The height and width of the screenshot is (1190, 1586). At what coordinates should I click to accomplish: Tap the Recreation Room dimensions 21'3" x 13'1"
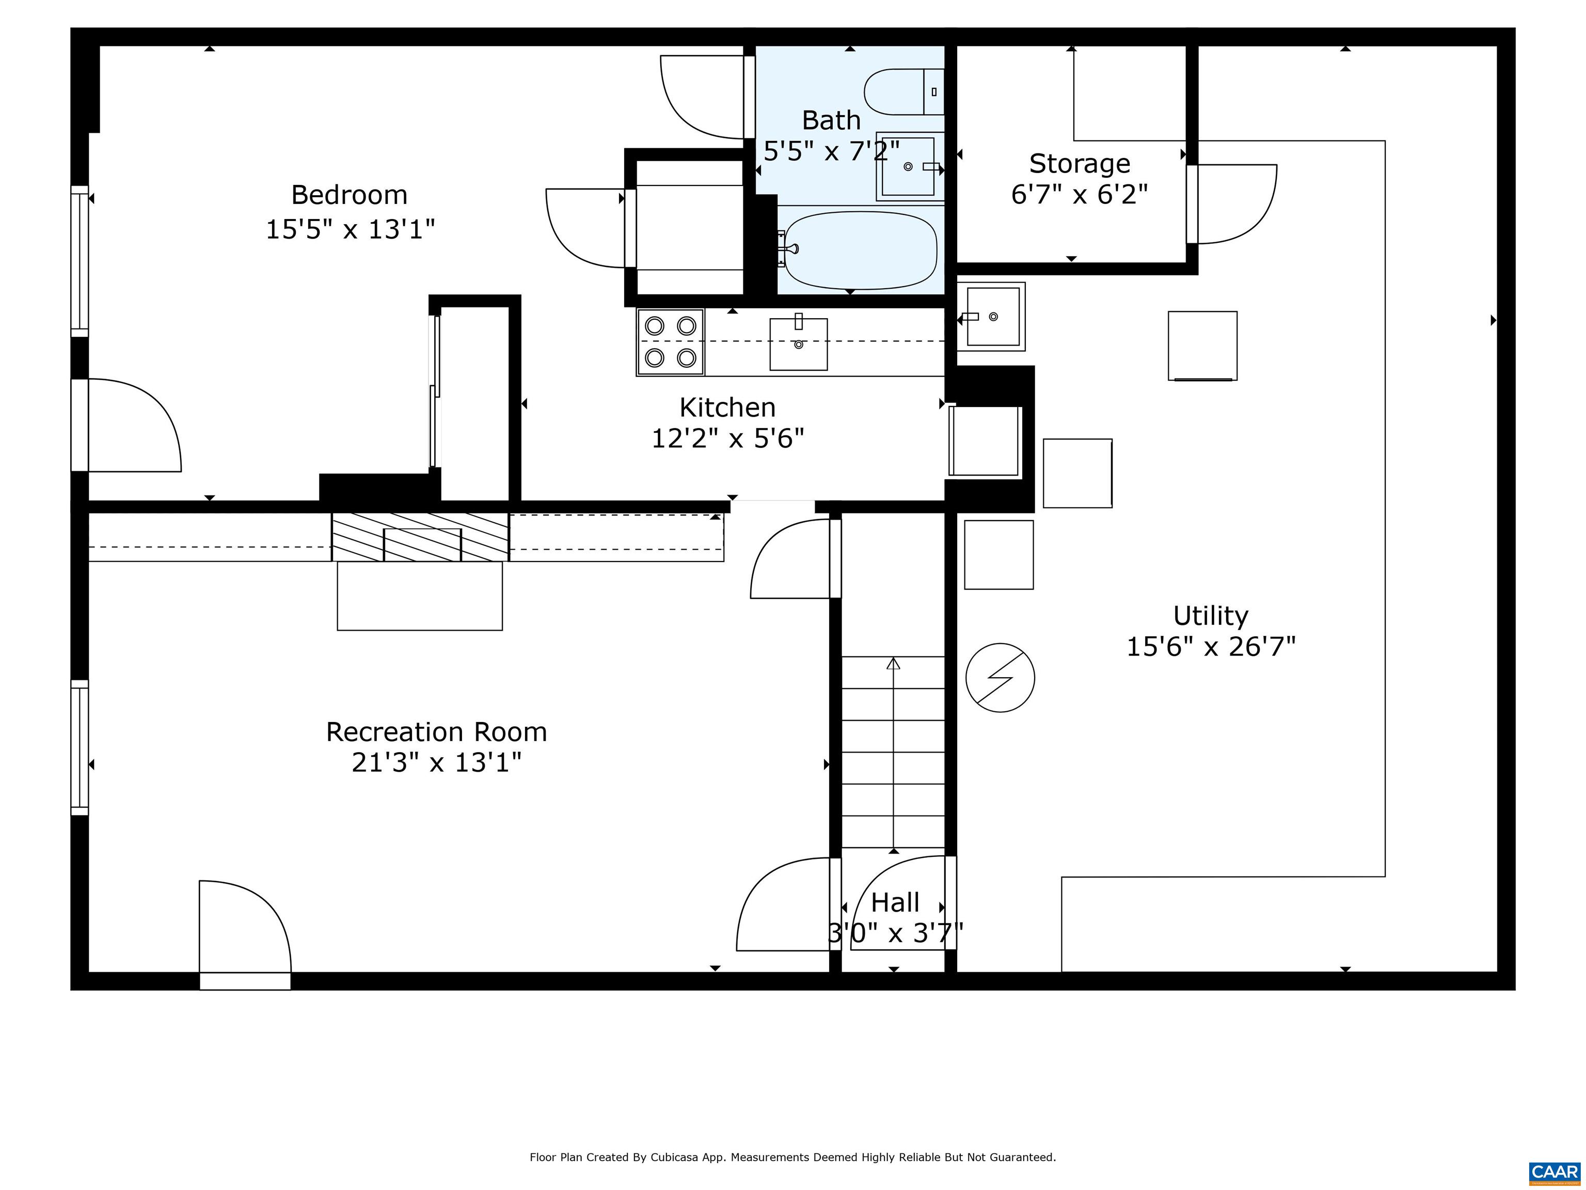pos(437,762)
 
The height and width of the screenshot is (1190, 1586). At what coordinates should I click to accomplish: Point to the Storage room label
pos(1080,164)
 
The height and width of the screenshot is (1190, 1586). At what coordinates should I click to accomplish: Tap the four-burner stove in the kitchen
pos(671,342)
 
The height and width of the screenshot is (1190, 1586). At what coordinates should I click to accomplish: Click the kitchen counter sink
pos(799,343)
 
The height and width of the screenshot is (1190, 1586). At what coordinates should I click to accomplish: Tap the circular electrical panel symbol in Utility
pos(1000,678)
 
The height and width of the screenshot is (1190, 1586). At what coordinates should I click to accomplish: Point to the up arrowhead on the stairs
pos(893,664)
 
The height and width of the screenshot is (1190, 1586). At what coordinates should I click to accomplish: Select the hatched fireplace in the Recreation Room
pos(420,537)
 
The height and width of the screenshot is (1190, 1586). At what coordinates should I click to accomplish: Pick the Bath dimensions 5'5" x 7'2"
pos(831,151)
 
